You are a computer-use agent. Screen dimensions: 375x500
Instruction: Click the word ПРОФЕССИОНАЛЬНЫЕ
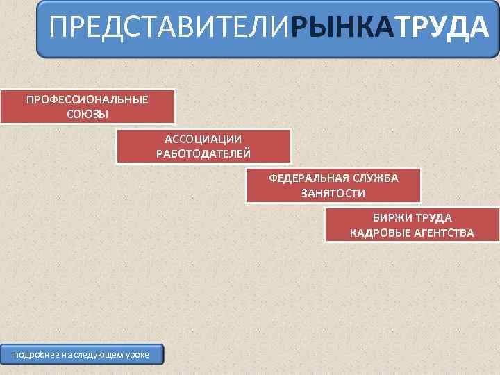(87, 99)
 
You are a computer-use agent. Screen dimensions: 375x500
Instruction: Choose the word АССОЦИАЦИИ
(203, 140)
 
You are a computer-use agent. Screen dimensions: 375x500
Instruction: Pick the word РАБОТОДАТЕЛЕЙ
(203, 153)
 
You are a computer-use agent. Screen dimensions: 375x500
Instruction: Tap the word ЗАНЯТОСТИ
(333, 192)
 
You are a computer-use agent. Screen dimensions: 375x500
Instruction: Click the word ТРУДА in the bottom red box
(434, 218)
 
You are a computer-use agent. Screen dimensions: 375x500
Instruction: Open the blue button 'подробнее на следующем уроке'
(81, 355)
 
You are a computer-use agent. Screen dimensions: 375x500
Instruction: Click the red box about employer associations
(203, 147)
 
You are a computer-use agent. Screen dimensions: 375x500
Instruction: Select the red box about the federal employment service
(333, 185)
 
